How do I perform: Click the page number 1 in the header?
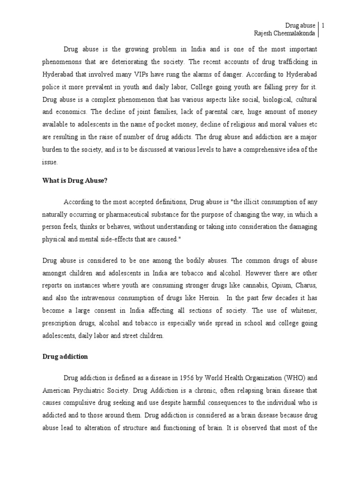click(324, 25)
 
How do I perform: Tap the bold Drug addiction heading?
click(65, 356)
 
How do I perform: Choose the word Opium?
click(266, 297)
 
